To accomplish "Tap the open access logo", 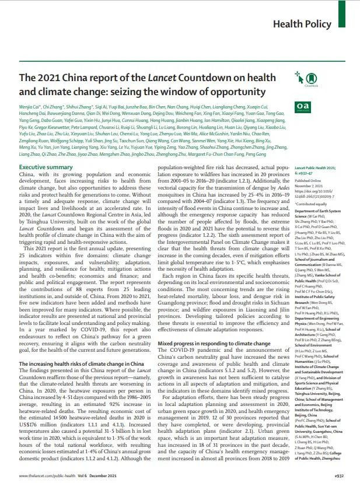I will point(303,106).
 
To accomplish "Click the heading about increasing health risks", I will point(82,315).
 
